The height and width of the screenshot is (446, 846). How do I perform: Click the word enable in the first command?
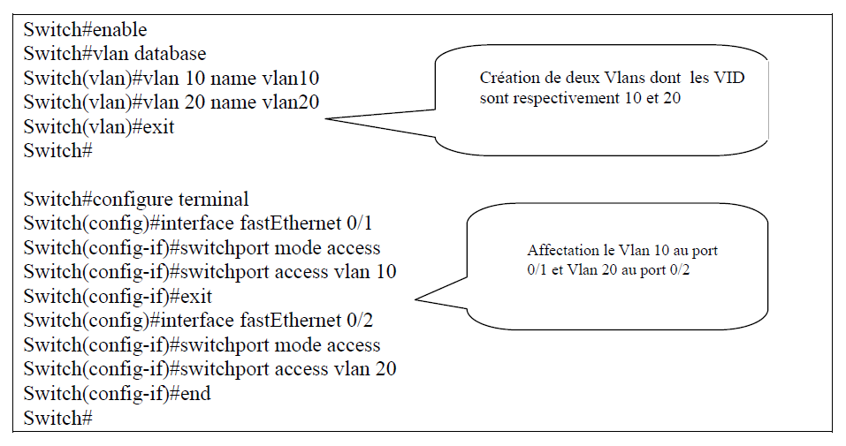pyautogui.click(x=120, y=30)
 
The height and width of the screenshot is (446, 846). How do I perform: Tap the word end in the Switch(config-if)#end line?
pyautogui.click(x=195, y=393)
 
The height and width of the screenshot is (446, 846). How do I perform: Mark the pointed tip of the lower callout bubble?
pyautogui.click(x=416, y=299)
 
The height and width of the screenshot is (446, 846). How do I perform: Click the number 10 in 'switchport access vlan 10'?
pyautogui.click(x=385, y=271)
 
